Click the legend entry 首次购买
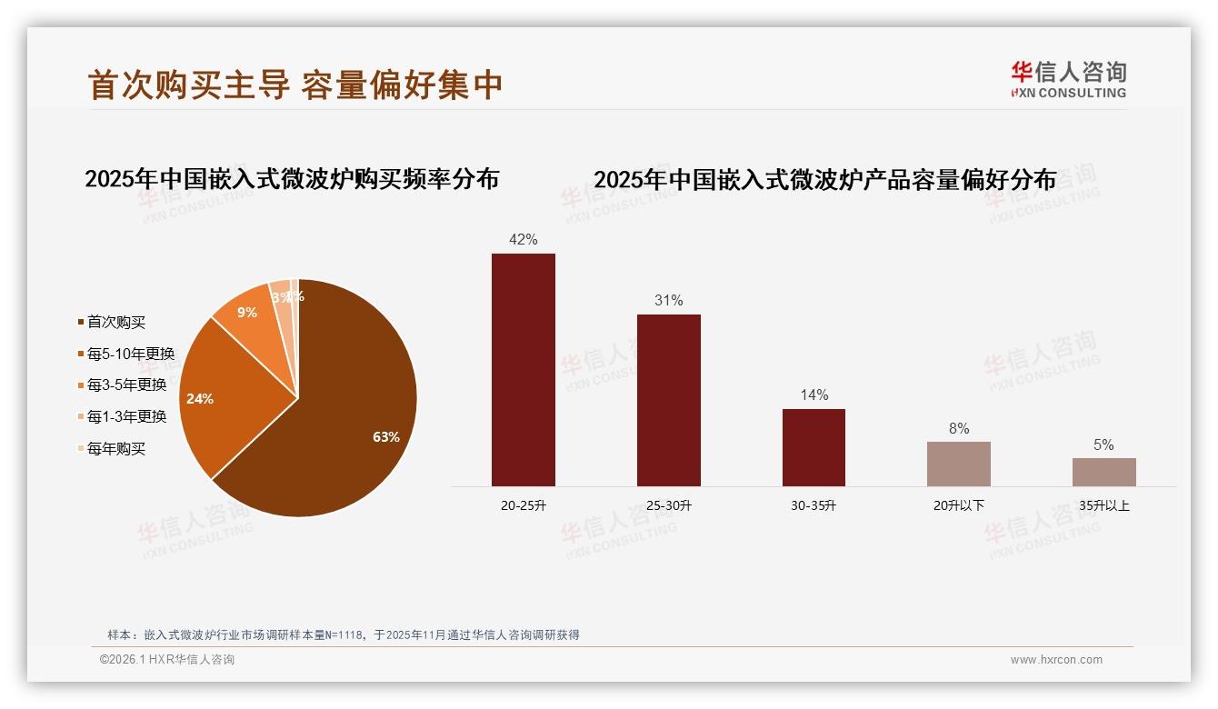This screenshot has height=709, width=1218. click(x=115, y=322)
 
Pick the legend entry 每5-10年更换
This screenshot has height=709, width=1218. click(x=130, y=354)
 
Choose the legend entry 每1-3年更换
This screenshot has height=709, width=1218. click(x=126, y=416)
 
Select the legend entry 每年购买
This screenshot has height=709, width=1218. click(x=115, y=448)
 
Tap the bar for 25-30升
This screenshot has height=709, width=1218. click(x=668, y=400)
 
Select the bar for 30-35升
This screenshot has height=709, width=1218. click(x=814, y=447)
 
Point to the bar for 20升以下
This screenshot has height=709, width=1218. click(x=958, y=464)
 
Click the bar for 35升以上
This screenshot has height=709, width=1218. click(x=1103, y=472)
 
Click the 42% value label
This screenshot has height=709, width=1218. click(x=524, y=240)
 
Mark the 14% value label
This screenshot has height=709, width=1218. click(x=814, y=395)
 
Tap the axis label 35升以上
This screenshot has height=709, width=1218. click(x=1103, y=505)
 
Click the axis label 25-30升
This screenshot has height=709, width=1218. click(x=668, y=505)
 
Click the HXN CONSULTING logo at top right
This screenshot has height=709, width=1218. click(x=1068, y=80)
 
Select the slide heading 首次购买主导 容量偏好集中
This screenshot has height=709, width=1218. click(x=295, y=85)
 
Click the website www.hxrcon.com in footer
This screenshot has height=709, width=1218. click(x=1056, y=660)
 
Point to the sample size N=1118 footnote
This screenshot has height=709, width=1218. click(x=342, y=635)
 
